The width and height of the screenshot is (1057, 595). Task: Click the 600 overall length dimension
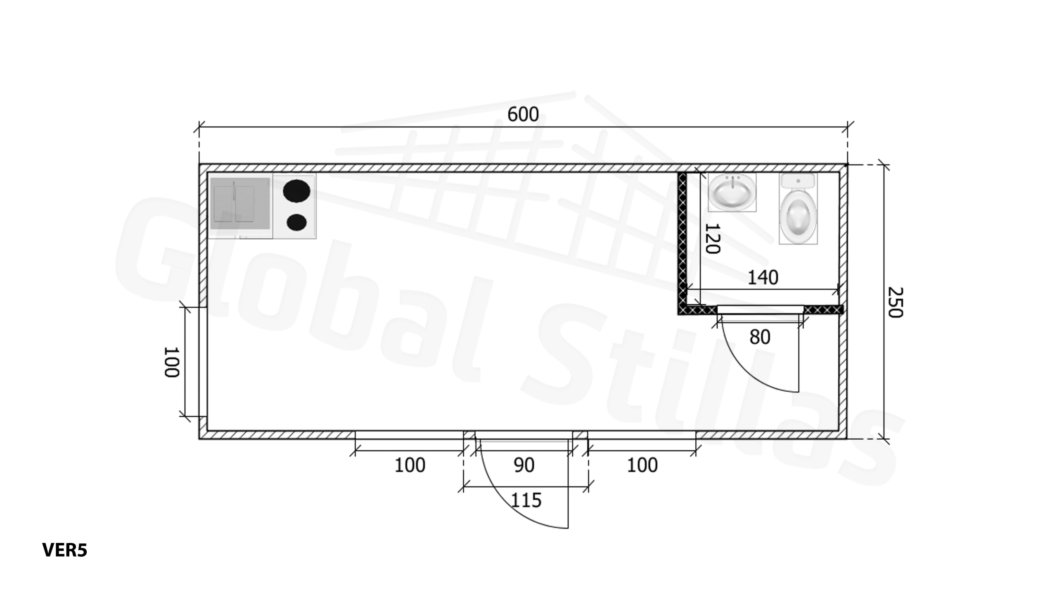click(523, 114)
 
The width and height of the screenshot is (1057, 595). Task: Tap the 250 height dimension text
click(895, 302)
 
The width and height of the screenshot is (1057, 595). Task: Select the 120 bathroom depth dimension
click(712, 238)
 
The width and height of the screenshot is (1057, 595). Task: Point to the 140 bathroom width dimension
click(763, 278)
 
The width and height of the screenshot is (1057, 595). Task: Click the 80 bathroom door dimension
click(760, 337)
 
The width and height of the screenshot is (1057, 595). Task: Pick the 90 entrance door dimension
click(524, 465)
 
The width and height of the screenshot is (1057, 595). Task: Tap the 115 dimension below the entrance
click(526, 500)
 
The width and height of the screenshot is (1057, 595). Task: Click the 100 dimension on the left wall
click(172, 362)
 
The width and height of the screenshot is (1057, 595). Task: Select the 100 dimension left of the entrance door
click(410, 465)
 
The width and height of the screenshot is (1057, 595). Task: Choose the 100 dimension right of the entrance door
click(642, 465)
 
